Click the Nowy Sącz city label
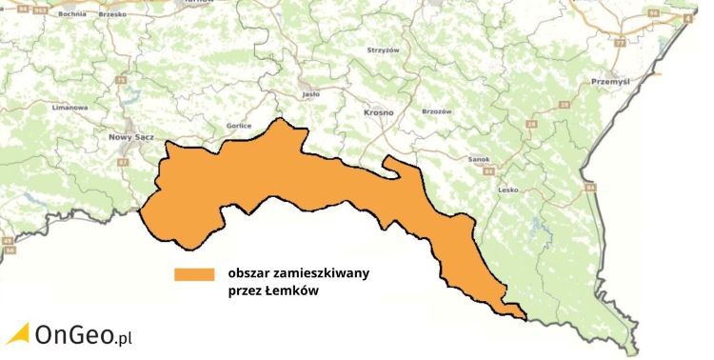(x=130, y=137)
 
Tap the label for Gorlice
(x=211, y=126)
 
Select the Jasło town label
(x=308, y=95)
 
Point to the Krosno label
(x=378, y=111)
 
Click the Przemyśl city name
(x=610, y=82)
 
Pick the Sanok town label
(x=479, y=159)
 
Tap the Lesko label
(x=507, y=190)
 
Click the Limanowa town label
(x=69, y=108)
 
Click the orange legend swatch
(x=194, y=274)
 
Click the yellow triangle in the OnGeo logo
(x=17, y=332)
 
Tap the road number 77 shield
(x=620, y=44)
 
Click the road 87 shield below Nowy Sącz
(x=122, y=163)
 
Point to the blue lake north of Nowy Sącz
(x=129, y=98)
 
